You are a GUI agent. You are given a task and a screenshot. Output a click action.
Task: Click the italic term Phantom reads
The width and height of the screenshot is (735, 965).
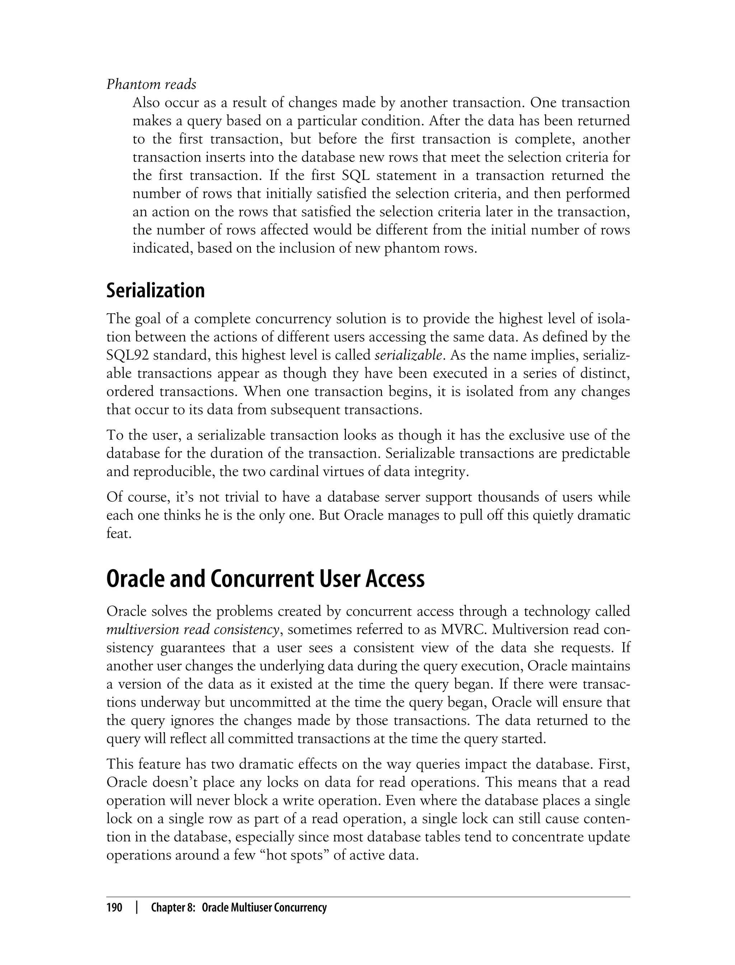coord(151,84)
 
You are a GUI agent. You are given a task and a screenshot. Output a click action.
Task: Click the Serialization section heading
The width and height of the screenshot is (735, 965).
coord(155,290)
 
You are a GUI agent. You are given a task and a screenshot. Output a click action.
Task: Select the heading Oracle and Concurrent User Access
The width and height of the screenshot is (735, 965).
coord(265,579)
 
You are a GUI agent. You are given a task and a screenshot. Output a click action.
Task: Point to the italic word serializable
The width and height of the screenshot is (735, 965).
coord(408,355)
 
